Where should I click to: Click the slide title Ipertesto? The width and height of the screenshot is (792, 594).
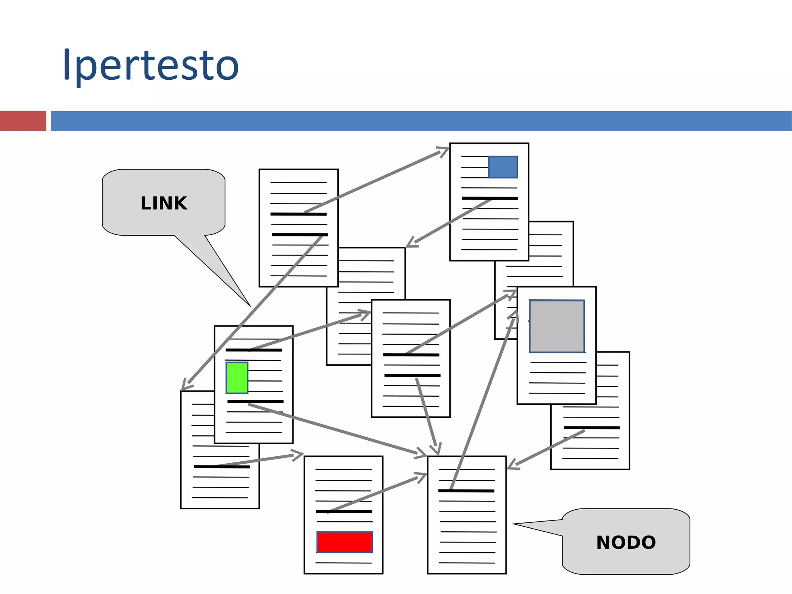click(x=151, y=65)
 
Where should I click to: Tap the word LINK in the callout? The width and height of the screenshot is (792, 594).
click(x=164, y=204)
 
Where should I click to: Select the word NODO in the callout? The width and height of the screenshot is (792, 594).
click(x=626, y=543)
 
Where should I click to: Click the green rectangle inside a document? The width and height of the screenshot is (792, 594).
click(x=237, y=378)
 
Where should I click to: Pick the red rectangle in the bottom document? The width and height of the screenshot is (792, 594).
click(x=344, y=542)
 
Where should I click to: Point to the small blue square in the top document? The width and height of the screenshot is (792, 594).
click(x=503, y=167)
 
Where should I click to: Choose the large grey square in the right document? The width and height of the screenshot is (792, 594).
click(x=556, y=326)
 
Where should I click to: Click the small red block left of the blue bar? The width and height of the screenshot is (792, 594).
click(x=23, y=121)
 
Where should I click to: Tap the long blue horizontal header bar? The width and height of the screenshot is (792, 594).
click(x=421, y=121)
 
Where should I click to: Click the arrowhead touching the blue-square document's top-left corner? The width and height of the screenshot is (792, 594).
click(x=445, y=150)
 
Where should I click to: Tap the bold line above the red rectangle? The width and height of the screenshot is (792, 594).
click(x=344, y=512)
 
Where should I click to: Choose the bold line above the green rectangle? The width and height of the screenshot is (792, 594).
click(x=254, y=350)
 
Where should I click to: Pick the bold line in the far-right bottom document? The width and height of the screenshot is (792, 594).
click(x=592, y=428)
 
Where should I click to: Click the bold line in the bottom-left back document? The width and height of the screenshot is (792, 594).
click(x=222, y=467)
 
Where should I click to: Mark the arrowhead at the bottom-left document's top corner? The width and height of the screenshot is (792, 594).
click(x=184, y=387)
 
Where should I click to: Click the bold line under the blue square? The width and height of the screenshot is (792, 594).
click(x=490, y=198)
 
